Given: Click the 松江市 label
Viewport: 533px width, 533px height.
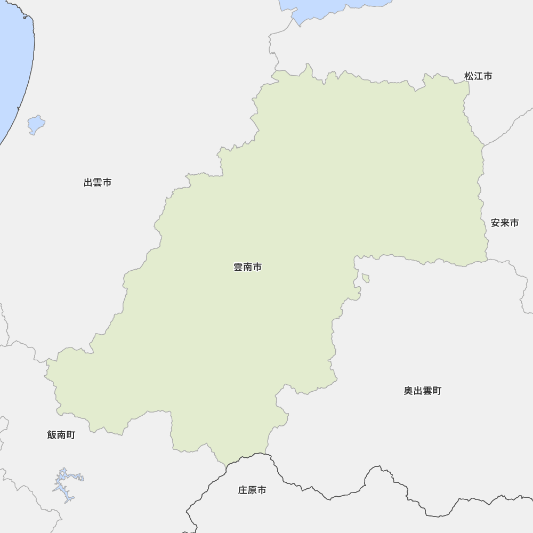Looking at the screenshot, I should tap(478, 76).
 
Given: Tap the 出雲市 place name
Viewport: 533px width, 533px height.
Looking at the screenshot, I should tap(98, 183).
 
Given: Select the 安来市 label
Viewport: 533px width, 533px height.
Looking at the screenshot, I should tap(504, 223).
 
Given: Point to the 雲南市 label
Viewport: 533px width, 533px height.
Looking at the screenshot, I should tap(247, 268).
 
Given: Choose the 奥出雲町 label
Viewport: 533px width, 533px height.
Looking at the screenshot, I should tap(422, 391).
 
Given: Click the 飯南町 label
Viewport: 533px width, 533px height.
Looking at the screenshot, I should tap(61, 435).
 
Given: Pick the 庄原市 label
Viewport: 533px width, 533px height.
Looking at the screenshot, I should tap(252, 490).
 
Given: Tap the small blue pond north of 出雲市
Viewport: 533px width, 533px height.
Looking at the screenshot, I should tap(36, 125).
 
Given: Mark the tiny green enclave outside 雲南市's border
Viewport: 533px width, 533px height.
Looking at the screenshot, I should tap(366, 278).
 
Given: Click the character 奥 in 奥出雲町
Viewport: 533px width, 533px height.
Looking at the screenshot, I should tap(408, 391).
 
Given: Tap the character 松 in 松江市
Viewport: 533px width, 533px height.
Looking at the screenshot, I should tap(469, 76).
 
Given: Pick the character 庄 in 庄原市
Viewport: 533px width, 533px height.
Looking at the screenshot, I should tap(243, 490).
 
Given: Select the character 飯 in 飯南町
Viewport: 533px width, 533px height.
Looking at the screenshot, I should tap(52, 435).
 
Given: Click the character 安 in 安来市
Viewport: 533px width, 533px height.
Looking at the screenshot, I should tap(495, 223).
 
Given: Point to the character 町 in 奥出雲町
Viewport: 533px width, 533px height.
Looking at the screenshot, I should tap(437, 391).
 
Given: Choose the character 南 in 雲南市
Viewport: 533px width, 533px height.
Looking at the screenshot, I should tap(247, 268).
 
